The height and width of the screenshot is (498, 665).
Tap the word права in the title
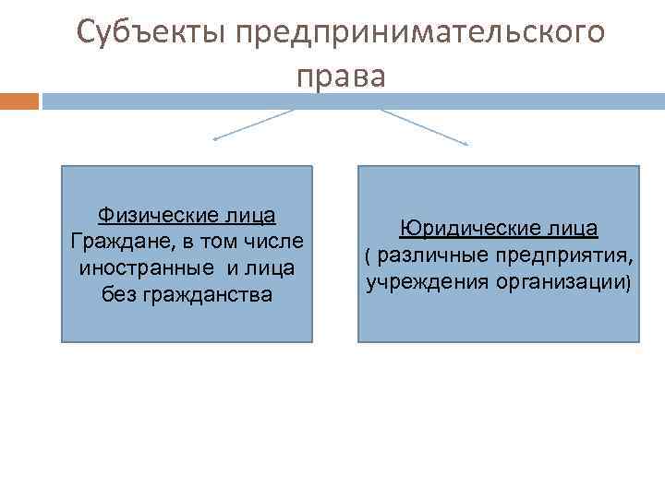click(341, 76)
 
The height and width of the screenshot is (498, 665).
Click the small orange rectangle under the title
click(19, 101)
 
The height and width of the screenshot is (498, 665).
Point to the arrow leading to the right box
click(425, 126)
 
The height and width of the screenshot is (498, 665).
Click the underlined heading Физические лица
click(187, 216)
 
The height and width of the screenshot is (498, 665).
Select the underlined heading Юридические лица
click(499, 228)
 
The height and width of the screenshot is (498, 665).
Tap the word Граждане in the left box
click(109, 242)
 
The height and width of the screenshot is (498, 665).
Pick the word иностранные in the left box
click(144, 268)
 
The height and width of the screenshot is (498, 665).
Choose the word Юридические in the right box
click(466, 228)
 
